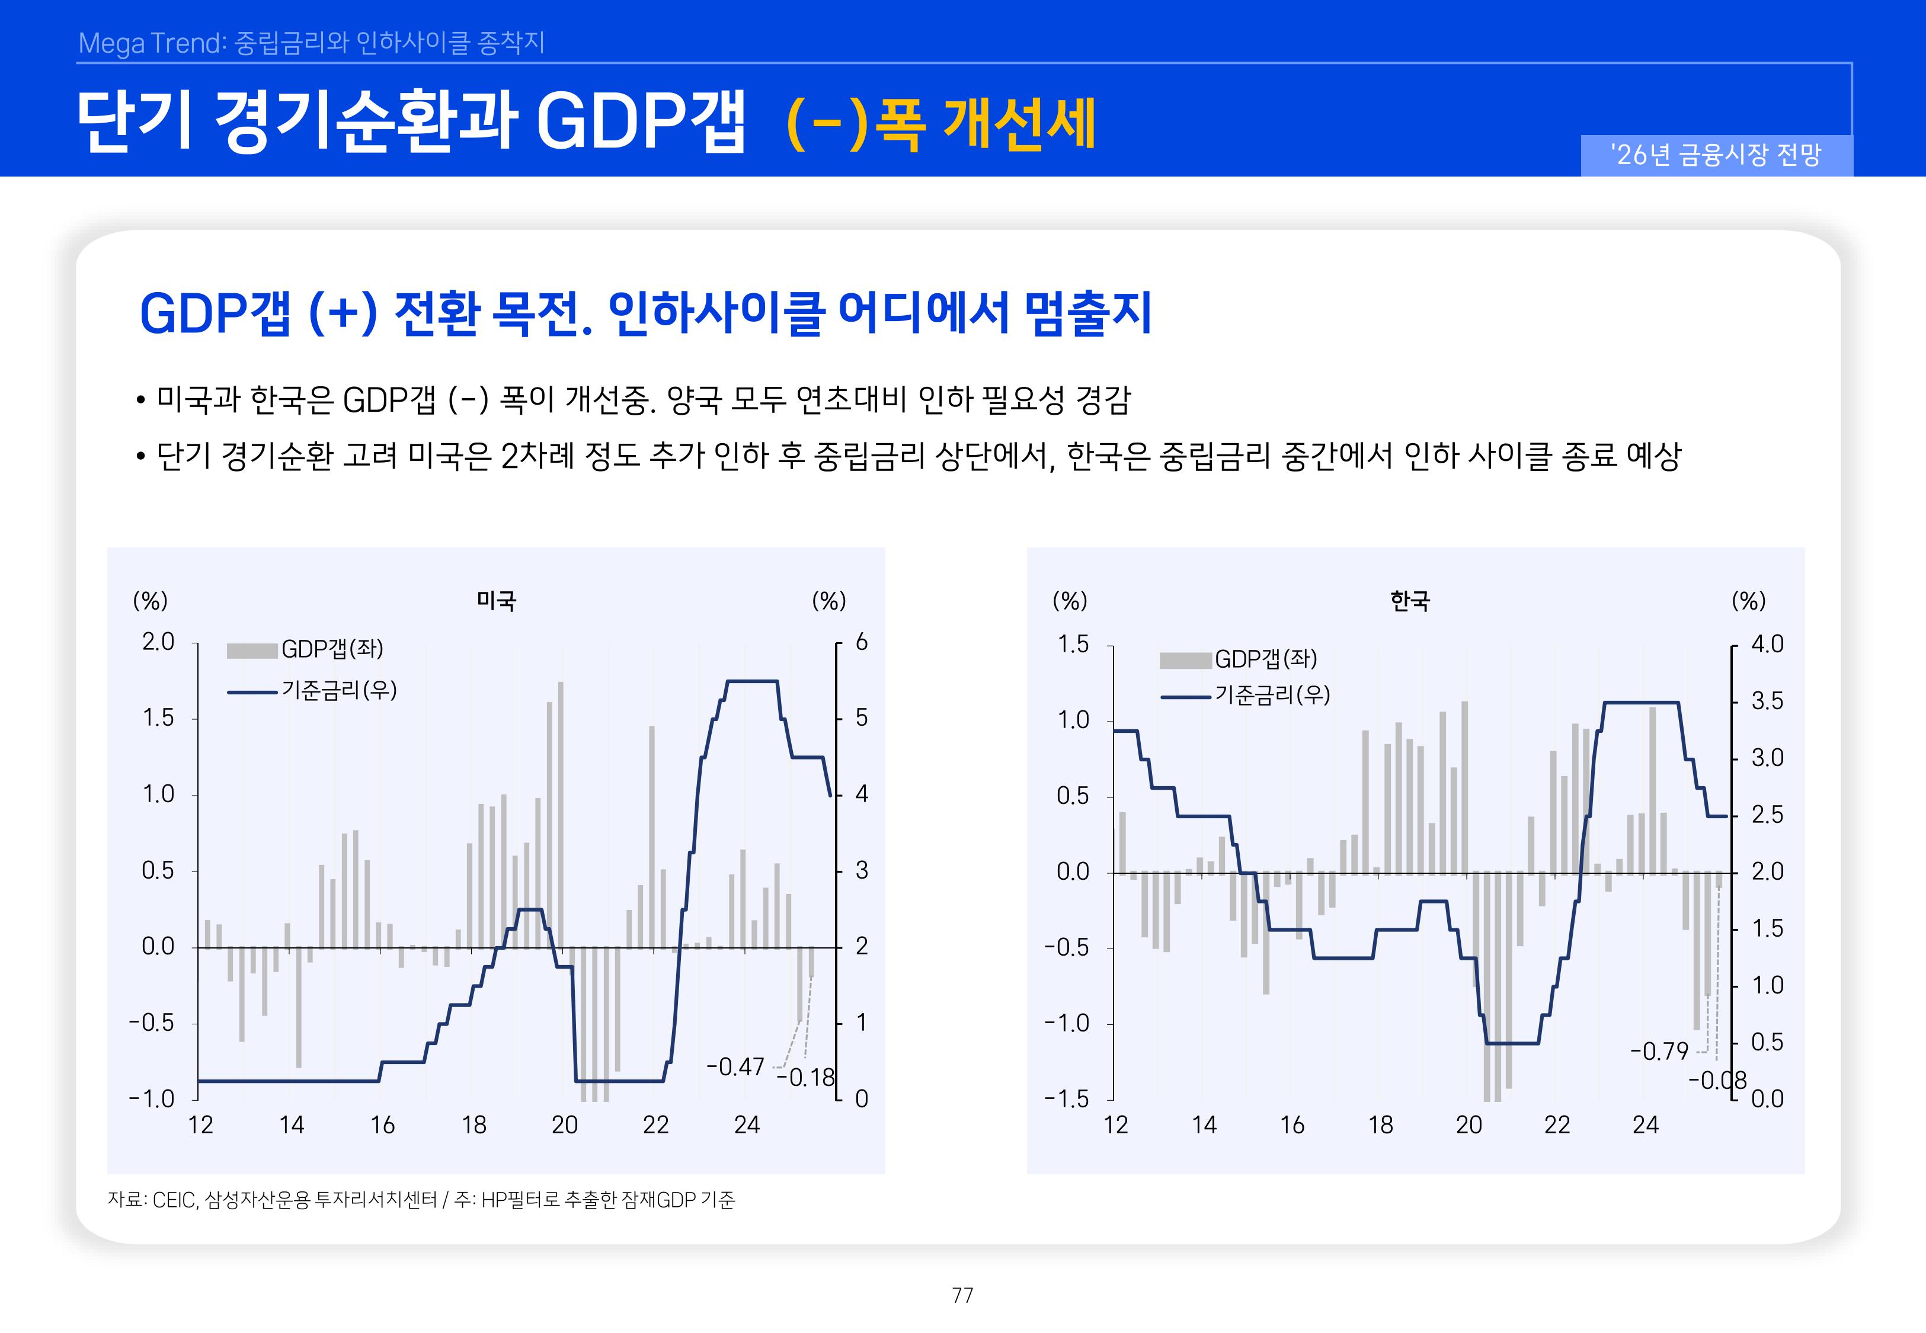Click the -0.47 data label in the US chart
[735, 1066]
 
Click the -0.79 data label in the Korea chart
[1659, 1050]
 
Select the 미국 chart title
[496, 601]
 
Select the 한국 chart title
[1410, 601]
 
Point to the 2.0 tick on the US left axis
[158, 642]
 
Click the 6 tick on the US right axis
[861, 642]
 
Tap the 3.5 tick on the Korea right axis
[1767, 701]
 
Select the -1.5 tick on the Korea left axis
[1067, 1098]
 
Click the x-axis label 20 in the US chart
[565, 1125]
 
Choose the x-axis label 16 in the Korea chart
[1292, 1125]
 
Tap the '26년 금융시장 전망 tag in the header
[1716, 155]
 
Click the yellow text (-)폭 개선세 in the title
[940, 124]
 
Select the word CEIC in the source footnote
[174, 1200]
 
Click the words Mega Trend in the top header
[151, 43]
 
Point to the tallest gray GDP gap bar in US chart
[561, 810]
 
